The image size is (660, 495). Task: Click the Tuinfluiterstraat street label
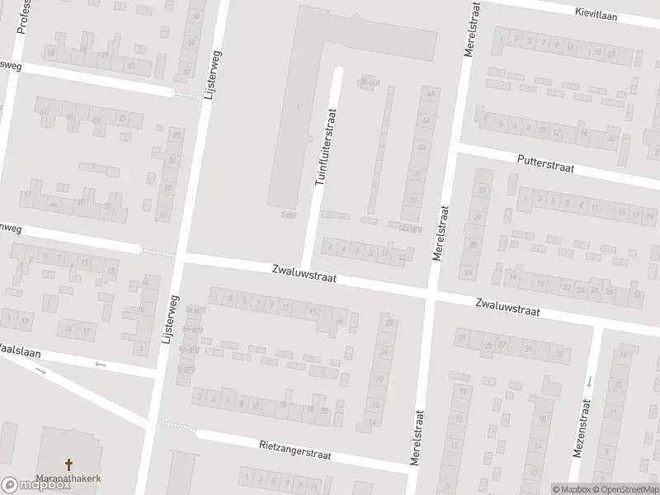[x=328, y=147]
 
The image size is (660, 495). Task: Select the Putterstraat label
[x=544, y=162]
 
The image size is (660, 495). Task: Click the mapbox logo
[x=34, y=484]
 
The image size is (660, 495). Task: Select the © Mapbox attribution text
[x=573, y=489]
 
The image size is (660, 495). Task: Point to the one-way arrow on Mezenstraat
[x=590, y=382]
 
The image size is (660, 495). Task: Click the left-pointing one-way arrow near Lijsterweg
[x=101, y=363]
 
